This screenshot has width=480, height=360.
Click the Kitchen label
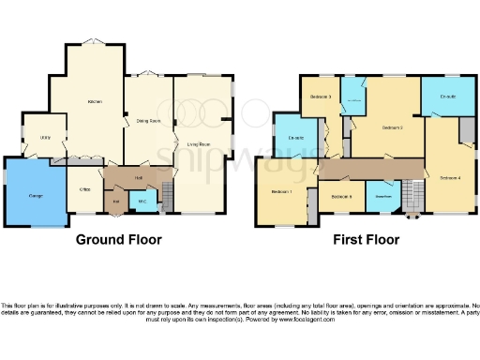[94, 101]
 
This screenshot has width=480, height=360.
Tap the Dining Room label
[149, 121]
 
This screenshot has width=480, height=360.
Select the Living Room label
[198, 143]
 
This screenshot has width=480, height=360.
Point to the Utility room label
[44, 138]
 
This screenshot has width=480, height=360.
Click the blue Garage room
[35, 192]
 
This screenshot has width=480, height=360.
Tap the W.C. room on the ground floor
[142, 201]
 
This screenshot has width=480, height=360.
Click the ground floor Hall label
[138, 177]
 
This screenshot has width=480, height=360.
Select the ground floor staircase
[168, 196]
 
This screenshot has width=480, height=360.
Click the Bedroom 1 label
[281, 192]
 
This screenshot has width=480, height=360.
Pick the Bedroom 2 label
[392, 127]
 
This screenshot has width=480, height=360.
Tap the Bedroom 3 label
[321, 97]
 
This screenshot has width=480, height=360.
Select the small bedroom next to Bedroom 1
[341, 196]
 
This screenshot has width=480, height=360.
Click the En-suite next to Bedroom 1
[298, 139]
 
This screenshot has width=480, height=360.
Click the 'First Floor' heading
[367, 240]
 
